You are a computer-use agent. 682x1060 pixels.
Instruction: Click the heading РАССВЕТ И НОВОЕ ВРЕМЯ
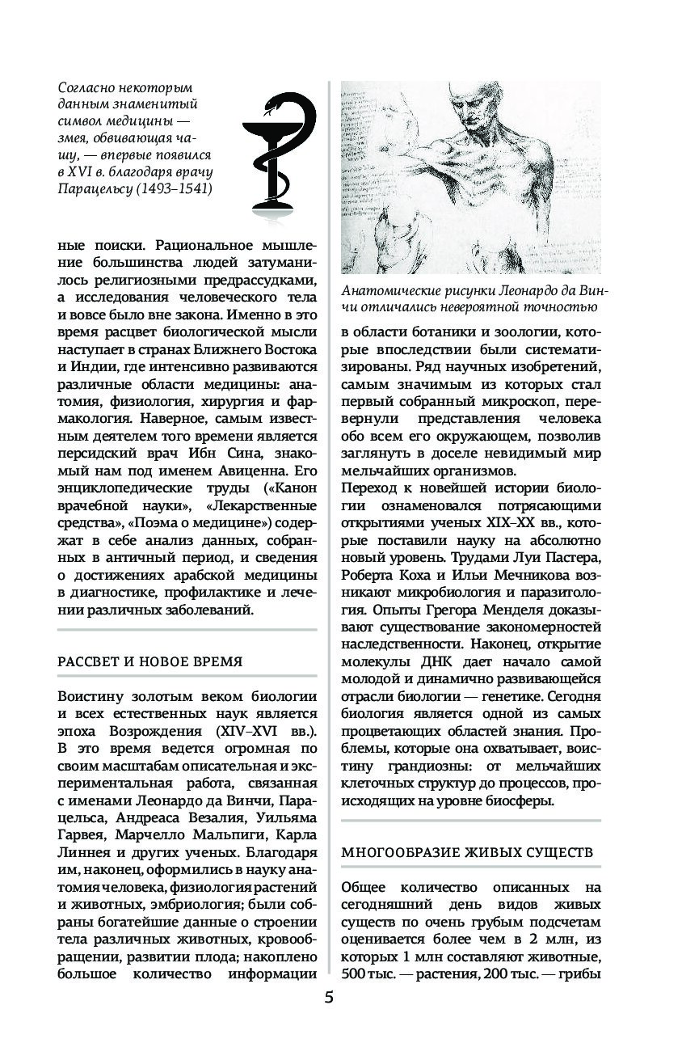[150, 660]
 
